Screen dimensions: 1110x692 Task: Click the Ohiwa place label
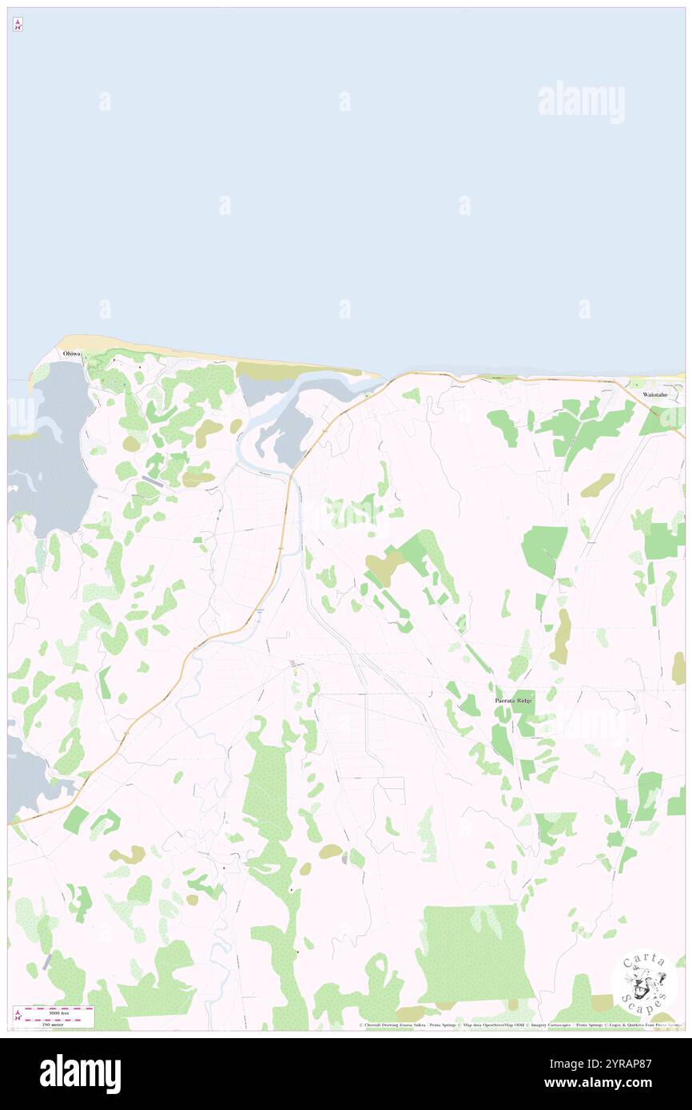[x=72, y=353]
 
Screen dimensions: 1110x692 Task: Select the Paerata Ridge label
[x=513, y=700]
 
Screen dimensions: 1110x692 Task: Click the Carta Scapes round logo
[x=644, y=981]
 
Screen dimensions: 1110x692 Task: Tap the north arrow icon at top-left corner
[x=18, y=25]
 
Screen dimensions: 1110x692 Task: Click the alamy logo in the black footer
[x=80, y=1074]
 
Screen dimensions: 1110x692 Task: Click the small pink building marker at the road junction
[x=294, y=664]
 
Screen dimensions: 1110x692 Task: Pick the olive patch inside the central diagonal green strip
[x=384, y=568]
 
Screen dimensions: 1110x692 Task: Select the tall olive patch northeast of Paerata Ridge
[x=563, y=636]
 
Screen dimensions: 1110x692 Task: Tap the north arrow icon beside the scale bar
[x=18, y=1016]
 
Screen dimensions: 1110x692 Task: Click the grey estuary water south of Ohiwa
[x=56, y=455]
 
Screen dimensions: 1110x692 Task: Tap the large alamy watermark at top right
[x=581, y=102]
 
